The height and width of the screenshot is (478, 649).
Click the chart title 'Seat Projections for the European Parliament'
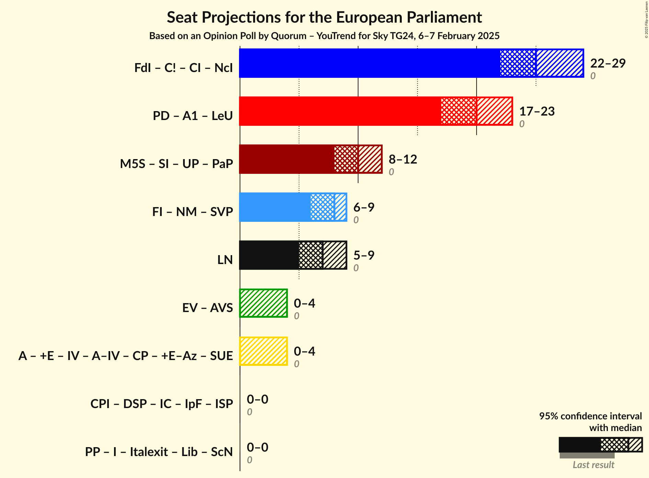tap(324, 17)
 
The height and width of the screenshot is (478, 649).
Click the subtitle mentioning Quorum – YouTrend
tap(324, 36)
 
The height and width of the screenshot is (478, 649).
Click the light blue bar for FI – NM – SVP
tap(275, 207)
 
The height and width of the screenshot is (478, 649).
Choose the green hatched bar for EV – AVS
tap(263, 303)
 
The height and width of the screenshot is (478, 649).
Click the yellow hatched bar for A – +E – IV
tap(263, 351)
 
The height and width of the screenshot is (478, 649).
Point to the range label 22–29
tap(608, 63)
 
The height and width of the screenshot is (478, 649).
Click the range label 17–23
tap(537, 111)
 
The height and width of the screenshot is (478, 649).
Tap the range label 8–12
tap(403, 159)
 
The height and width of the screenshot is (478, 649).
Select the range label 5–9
tap(364, 255)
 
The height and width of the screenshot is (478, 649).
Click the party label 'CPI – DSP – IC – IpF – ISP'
tap(162, 404)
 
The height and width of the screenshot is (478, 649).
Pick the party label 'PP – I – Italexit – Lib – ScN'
tap(159, 452)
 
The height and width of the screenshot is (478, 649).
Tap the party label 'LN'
tap(225, 260)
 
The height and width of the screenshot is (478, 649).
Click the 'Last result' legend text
tap(593, 465)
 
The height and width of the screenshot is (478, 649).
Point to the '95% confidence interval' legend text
tap(590, 416)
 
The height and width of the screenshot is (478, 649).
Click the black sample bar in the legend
tap(580, 445)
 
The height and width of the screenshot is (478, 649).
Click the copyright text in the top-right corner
tap(646, 19)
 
